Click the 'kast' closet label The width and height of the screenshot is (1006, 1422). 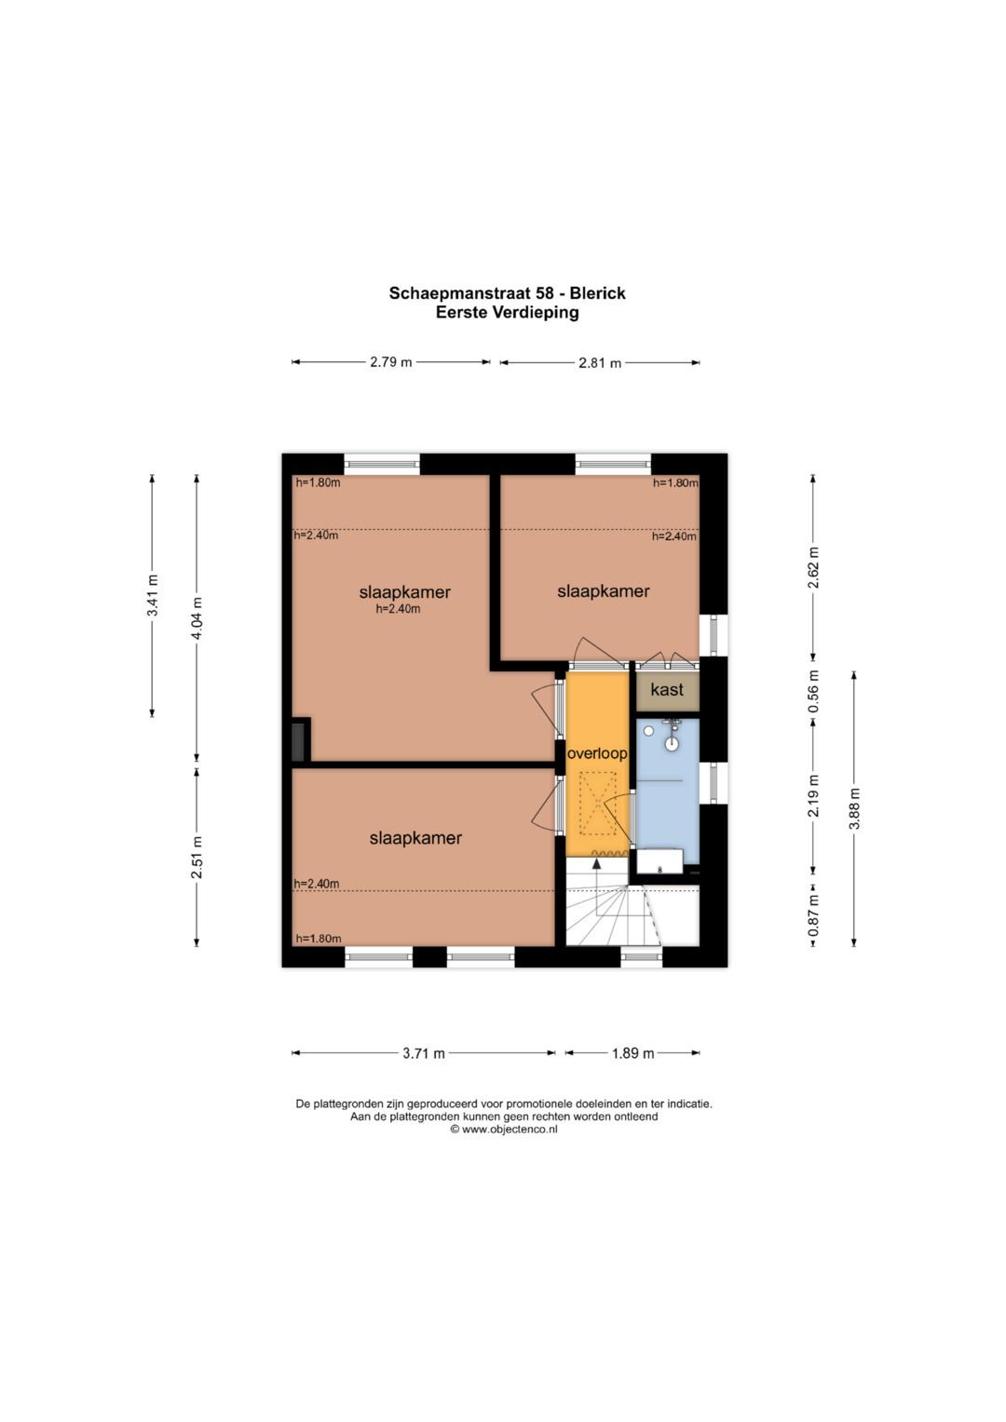(667, 689)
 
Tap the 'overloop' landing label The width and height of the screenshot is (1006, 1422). (597, 753)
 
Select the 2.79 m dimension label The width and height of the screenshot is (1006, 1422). (390, 362)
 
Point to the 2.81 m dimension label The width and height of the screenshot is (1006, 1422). (600, 363)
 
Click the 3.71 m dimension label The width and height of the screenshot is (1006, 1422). (424, 1053)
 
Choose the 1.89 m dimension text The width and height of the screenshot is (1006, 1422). (632, 1053)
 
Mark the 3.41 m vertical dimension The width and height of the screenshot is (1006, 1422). (153, 595)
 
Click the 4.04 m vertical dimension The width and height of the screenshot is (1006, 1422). (197, 617)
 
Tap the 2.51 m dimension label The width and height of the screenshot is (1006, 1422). (197, 857)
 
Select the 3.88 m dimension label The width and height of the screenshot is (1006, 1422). (855, 808)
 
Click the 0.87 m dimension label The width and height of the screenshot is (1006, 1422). (814, 914)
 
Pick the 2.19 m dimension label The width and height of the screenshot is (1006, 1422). (814, 795)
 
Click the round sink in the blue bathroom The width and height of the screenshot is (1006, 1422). (672, 743)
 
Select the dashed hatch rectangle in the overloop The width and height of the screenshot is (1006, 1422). (598, 803)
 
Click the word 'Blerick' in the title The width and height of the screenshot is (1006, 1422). (597, 293)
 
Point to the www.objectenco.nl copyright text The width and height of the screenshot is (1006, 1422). (504, 1130)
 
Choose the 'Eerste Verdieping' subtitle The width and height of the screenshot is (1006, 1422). (508, 312)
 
